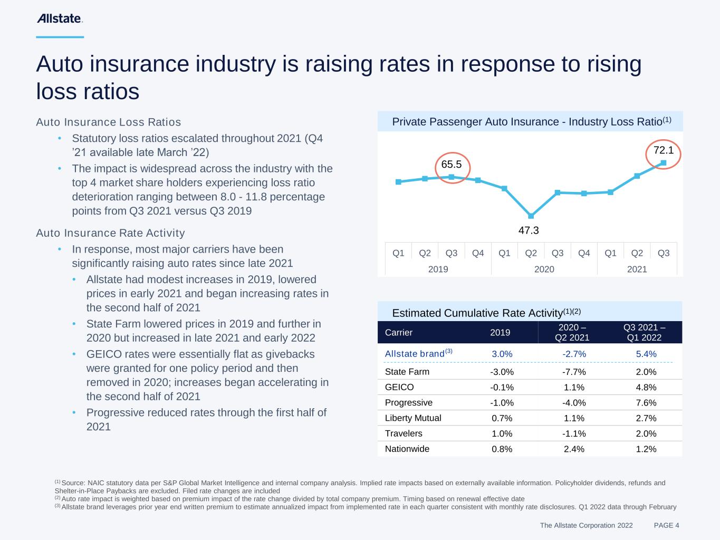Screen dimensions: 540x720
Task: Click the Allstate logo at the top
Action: coord(60,19)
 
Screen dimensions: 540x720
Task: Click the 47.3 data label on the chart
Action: coord(529,230)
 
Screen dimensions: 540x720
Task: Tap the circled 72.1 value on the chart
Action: coord(663,151)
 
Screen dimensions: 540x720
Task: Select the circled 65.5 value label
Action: coord(452,165)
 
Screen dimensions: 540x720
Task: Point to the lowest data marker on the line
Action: coord(531,216)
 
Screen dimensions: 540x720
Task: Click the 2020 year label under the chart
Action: coord(544,269)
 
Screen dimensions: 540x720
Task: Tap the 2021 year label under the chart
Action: coord(637,269)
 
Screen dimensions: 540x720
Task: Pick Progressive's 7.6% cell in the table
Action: coord(646,403)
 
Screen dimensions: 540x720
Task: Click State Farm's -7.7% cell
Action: coord(574,372)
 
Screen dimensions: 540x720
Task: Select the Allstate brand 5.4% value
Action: coord(646,354)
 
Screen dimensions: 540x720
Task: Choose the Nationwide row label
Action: coord(407,449)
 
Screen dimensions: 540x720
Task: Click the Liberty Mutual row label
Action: coord(413,418)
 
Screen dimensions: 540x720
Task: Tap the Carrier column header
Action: coord(399,333)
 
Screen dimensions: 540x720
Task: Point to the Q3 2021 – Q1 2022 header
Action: coord(644,333)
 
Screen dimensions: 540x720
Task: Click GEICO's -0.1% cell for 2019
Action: coord(502,388)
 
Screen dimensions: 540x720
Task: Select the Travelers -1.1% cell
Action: coord(574,434)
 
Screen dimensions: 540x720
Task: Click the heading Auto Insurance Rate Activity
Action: coord(110,233)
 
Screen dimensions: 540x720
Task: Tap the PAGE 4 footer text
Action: coord(666,525)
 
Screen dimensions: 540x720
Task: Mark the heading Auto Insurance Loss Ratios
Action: coord(108,122)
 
